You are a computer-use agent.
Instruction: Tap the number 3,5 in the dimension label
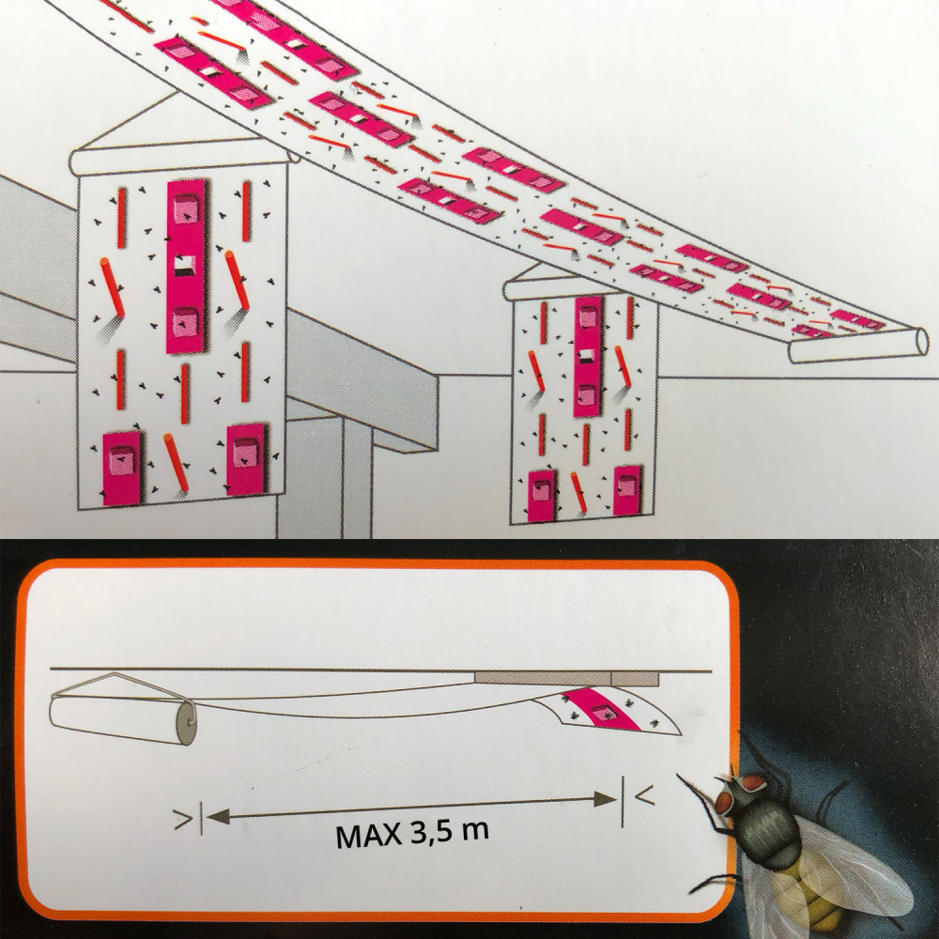click(431, 832)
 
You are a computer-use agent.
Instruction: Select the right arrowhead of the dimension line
click(605, 798)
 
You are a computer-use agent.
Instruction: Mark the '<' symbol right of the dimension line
click(644, 795)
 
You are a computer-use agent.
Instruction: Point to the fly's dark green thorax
click(773, 832)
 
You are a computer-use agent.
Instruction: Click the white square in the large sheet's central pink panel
click(185, 266)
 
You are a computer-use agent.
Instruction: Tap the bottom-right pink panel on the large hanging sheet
click(247, 458)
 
